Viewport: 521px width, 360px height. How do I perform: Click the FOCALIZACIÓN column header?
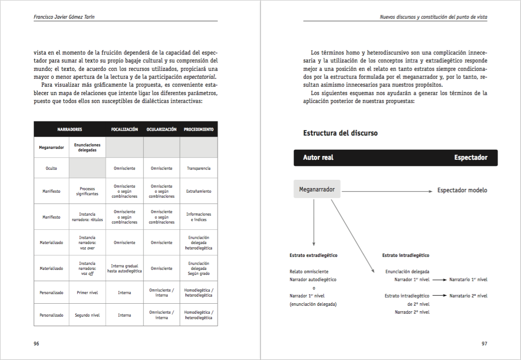(x=124, y=129)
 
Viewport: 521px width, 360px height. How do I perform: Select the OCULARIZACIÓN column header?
(x=162, y=129)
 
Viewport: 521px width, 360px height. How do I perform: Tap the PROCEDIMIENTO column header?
(x=199, y=129)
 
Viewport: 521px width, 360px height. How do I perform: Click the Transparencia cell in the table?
(x=199, y=169)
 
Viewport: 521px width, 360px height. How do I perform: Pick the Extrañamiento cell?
(x=199, y=191)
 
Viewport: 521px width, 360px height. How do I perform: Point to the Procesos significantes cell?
(x=87, y=191)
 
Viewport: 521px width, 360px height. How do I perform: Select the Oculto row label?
(x=51, y=169)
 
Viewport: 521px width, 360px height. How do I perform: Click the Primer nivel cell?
(x=87, y=293)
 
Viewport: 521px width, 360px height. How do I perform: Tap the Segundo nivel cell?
(x=87, y=315)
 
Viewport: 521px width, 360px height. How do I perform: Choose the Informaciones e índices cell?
(x=199, y=217)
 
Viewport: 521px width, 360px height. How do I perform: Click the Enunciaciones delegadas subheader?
(x=87, y=147)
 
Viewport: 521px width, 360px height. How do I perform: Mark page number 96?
(x=36, y=344)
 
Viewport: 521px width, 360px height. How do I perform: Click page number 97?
(x=484, y=344)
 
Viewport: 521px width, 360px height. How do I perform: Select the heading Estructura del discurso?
(x=340, y=133)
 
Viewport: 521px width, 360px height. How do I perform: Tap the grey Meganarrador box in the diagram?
(x=317, y=189)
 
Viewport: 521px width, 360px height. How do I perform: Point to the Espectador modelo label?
(x=462, y=190)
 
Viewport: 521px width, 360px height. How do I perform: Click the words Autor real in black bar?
(x=318, y=158)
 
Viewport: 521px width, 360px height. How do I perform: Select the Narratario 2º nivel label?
(x=468, y=296)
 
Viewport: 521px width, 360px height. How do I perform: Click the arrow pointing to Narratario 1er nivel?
(x=440, y=280)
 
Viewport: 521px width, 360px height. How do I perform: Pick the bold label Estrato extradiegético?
(x=314, y=255)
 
